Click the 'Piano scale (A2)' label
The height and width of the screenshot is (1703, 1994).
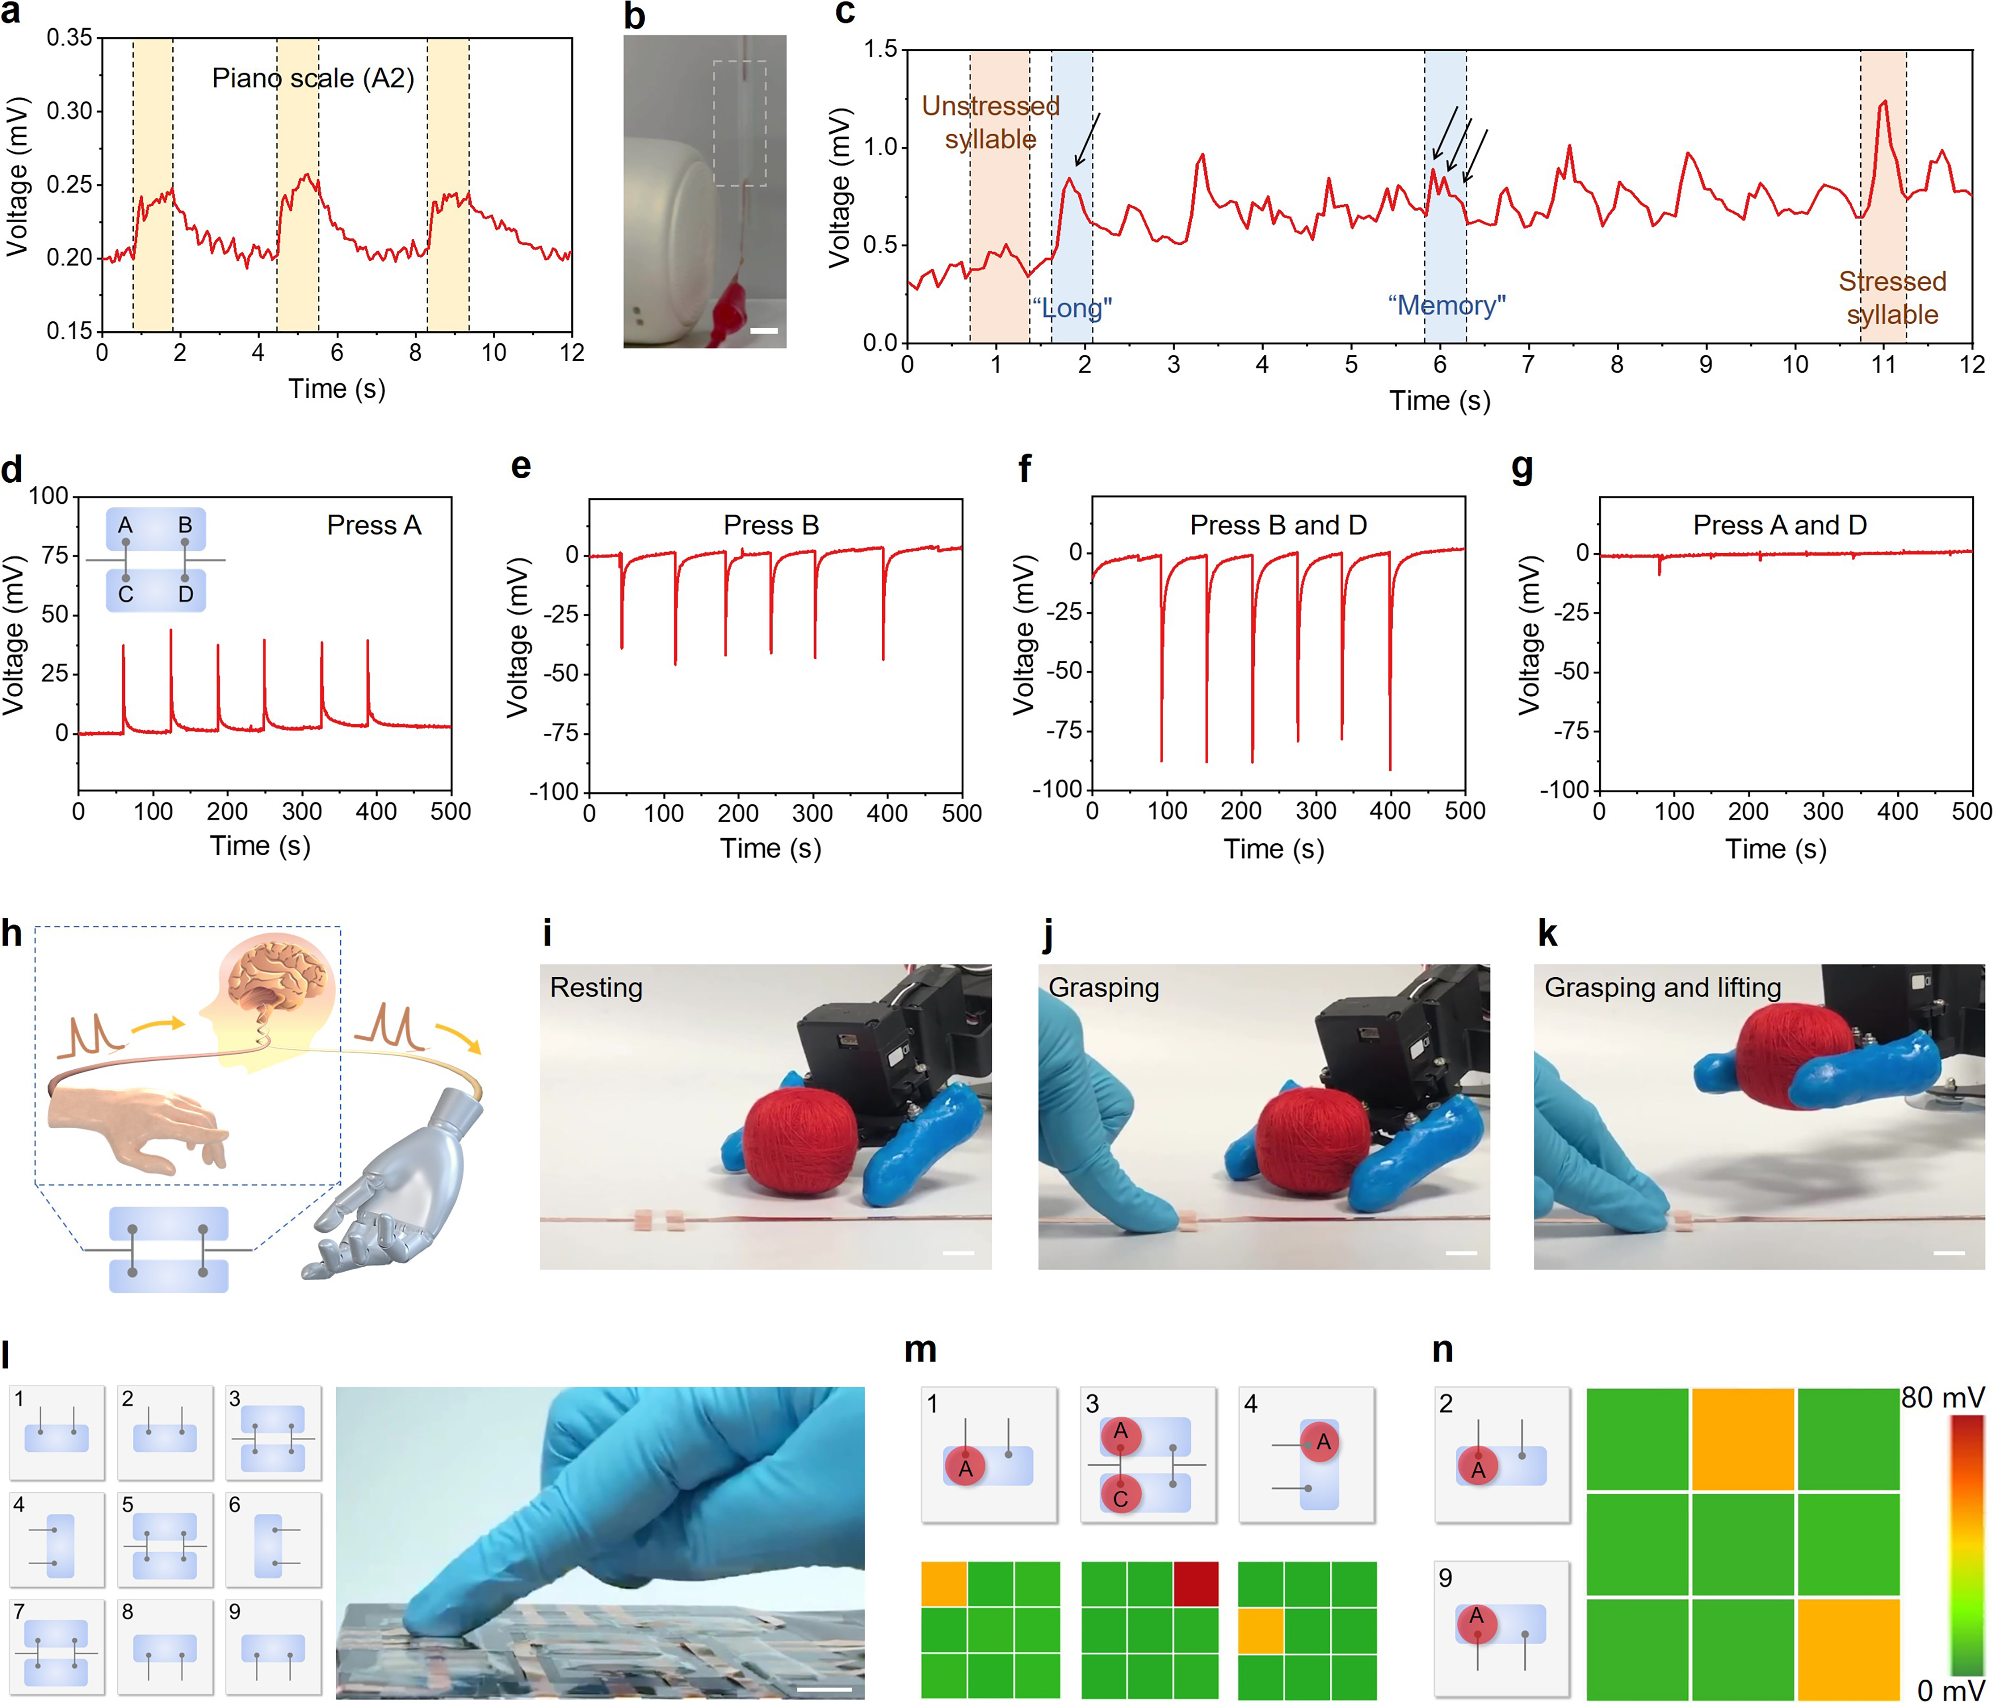pyautogui.click(x=313, y=78)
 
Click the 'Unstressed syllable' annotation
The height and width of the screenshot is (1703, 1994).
pyautogui.click(x=990, y=122)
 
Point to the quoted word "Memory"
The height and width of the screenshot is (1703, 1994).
pyautogui.click(x=1447, y=306)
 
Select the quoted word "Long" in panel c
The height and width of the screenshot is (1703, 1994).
pyautogui.click(x=1072, y=308)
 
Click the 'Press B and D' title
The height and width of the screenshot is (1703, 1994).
pyautogui.click(x=1278, y=526)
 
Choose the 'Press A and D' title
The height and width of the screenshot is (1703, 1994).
pyautogui.click(x=1779, y=526)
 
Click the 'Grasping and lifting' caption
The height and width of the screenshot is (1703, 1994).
pyautogui.click(x=1662, y=988)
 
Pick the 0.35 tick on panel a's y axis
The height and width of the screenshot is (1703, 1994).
pyautogui.click(x=69, y=38)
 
